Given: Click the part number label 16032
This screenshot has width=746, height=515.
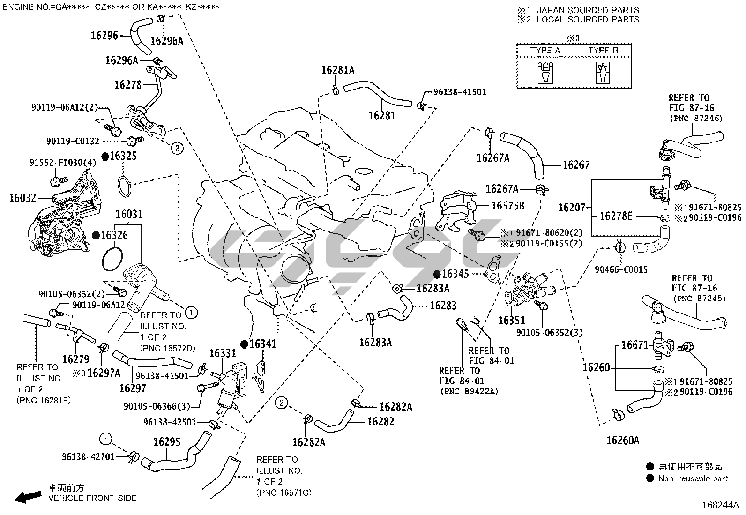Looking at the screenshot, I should tap(22, 198).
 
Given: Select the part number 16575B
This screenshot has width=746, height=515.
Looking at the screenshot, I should tap(508, 206).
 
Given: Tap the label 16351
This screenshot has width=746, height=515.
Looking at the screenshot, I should tap(512, 321).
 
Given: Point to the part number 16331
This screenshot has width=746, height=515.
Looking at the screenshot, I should tap(223, 353).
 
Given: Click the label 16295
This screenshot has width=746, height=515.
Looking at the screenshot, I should tap(167, 442).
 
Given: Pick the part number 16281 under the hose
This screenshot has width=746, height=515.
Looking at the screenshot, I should tap(382, 115).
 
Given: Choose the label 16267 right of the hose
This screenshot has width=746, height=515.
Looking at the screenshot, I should tap(576, 165).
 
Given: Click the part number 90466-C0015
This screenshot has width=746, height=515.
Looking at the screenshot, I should tap(621, 269).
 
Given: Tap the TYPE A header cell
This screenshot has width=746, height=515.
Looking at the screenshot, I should tap(545, 50).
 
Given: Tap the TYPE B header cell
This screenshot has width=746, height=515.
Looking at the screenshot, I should tap(603, 50).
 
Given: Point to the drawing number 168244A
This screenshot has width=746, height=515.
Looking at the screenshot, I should tap(720, 505).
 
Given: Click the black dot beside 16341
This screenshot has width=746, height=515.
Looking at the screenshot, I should tap(244, 344).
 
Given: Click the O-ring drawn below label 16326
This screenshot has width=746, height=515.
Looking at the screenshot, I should tap(113, 259).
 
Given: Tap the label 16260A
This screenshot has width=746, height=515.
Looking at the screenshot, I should tap(623, 440).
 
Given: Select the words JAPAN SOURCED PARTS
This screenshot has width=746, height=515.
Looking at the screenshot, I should tap(588, 10).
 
